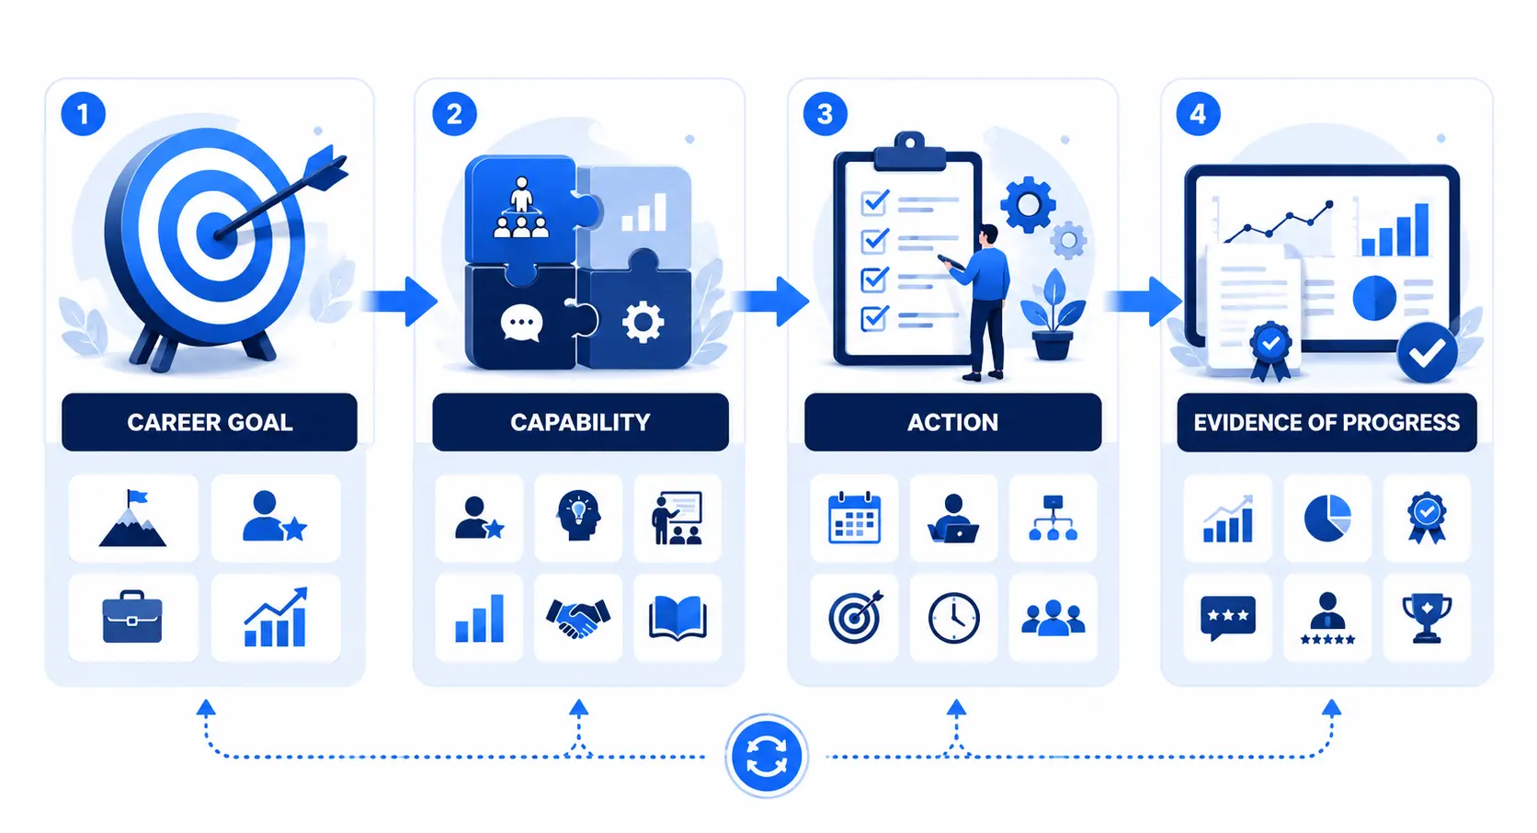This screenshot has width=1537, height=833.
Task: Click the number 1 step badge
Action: [x=83, y=113]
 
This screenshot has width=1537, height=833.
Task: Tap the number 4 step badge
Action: [x=1198, y=113]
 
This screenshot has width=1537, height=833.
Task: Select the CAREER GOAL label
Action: [x=210, y=422]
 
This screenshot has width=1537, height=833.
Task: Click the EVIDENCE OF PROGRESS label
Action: [x=1326, y=422]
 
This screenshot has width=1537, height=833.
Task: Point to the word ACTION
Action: [x=952, y=422]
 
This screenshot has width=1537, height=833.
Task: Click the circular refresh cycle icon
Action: [x=767, y=756]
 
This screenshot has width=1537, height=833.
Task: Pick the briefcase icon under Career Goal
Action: [x=132, y=616]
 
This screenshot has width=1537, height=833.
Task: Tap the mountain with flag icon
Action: [x=132, y=518]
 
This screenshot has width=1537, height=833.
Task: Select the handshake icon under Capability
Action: [x=577, y=618]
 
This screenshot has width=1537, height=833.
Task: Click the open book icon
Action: [x=677, y=618]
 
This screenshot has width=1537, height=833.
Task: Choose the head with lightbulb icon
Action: [x=578, y=516]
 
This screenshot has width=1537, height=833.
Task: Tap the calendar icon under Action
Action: [x=854, y=518]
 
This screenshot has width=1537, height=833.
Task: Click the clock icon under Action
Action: [x=954, y=618]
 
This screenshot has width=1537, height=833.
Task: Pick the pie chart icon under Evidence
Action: [x=1327, y=518]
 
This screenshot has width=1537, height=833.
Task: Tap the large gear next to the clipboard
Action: [x=1027, y=204]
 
